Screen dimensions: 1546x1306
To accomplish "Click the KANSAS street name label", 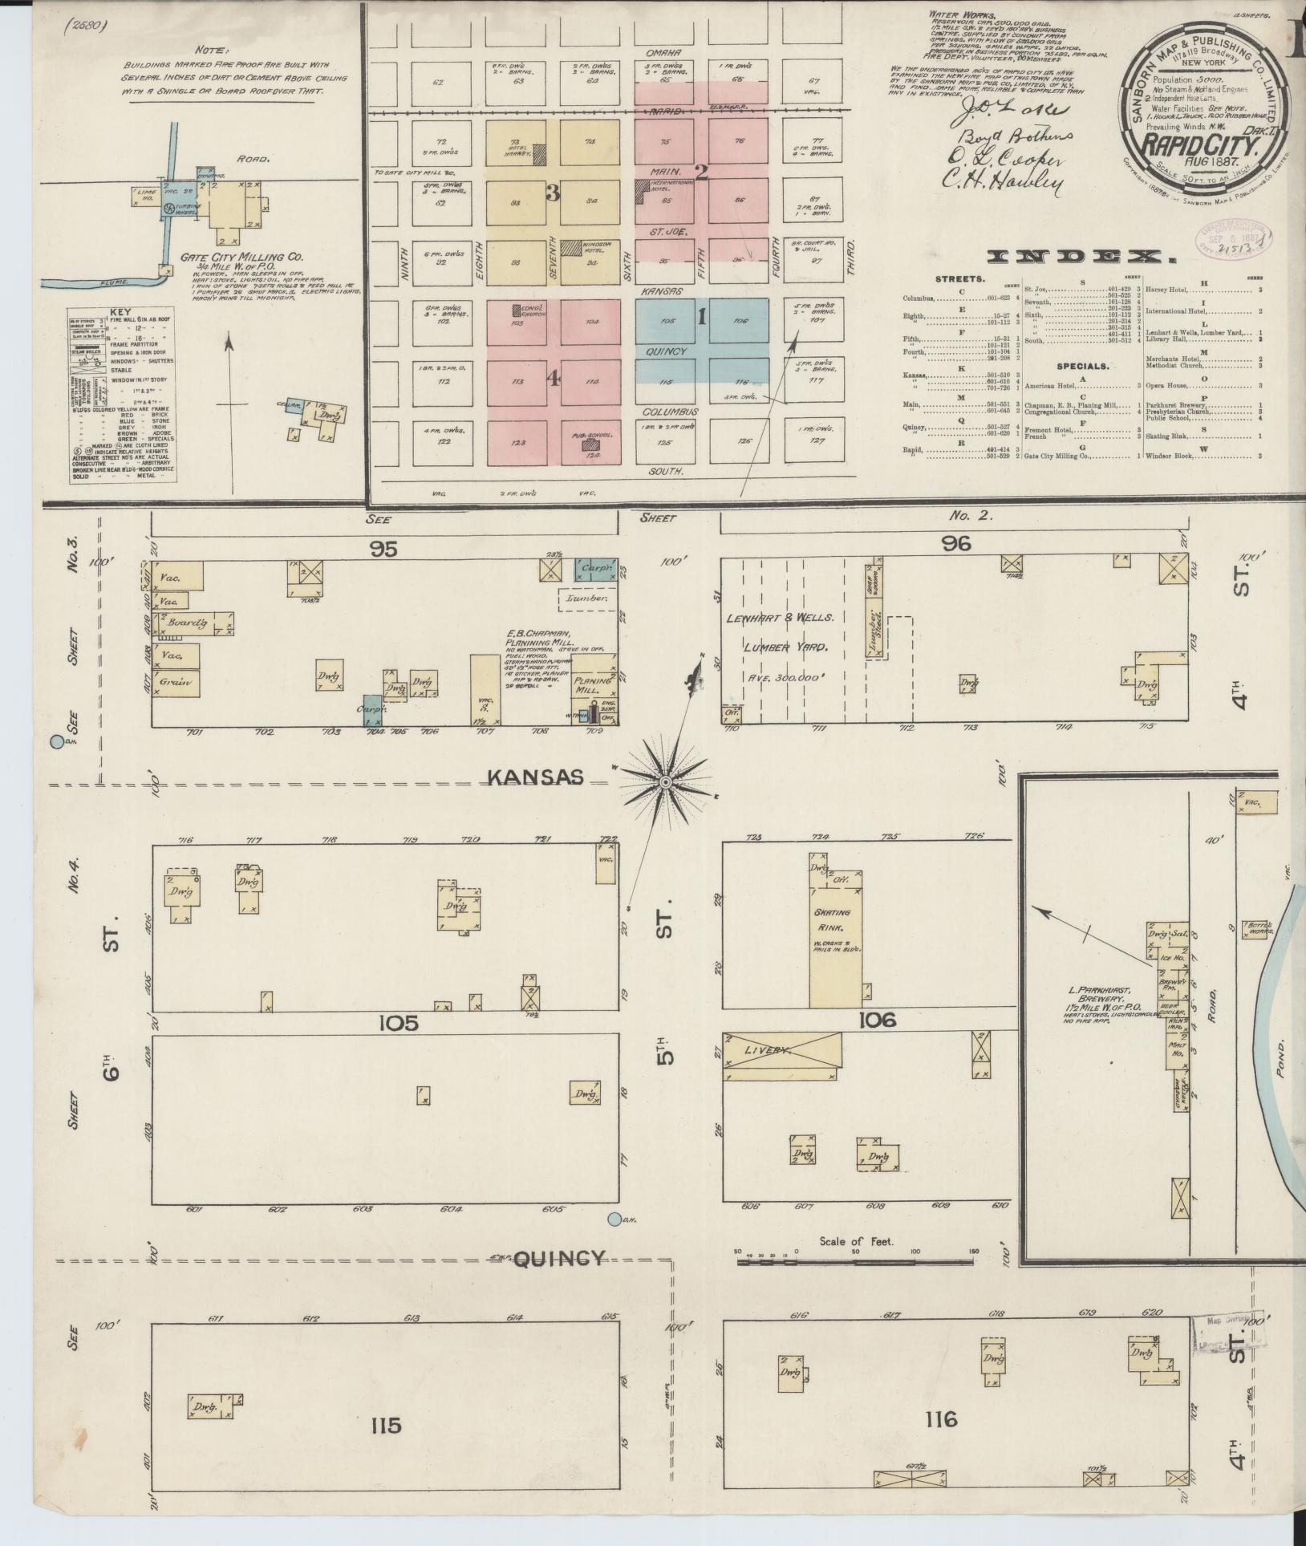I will [533, 777].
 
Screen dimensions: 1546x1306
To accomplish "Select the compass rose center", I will [665, 781].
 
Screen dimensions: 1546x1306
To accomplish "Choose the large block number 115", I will [385, 1426].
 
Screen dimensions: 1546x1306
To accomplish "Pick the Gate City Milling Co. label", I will [241, 258].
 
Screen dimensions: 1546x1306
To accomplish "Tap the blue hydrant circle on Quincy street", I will [614, 1242].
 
